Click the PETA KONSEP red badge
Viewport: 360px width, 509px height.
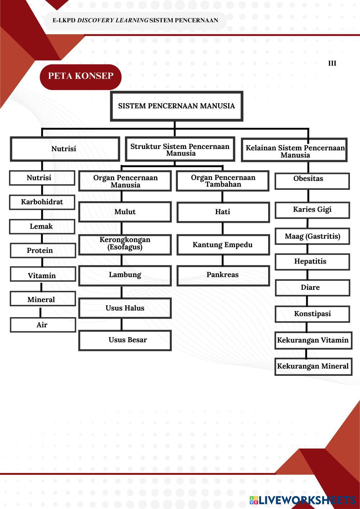81,76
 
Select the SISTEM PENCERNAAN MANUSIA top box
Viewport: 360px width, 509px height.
176,106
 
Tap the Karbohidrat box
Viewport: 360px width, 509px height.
42,202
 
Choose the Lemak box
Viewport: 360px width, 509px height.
42,226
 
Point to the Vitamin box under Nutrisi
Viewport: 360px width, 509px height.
42,275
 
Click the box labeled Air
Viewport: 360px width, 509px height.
42,325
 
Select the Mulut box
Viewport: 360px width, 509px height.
125,212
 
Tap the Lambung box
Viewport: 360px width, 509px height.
125,275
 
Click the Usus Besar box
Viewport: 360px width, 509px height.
125,340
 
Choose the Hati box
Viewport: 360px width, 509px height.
223,212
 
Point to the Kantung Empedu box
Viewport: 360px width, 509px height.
223,245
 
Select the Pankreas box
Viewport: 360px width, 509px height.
223,275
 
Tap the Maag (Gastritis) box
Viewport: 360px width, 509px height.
312,236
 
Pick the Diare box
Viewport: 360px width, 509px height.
312,288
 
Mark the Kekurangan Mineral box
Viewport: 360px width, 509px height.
313,366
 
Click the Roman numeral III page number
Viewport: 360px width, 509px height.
332,63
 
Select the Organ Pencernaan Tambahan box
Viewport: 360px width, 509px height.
223,181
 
